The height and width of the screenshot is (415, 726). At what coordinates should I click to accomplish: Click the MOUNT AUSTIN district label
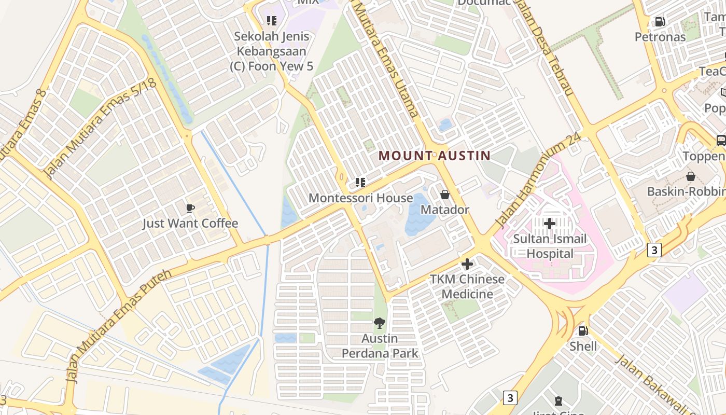click(435, 156)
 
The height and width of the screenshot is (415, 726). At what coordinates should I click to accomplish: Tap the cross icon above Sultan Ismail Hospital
click(550, 224)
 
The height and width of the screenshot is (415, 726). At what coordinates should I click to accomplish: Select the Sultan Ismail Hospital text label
click(550, 246)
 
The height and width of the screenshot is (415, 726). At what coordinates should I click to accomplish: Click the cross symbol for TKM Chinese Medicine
click(467, 264)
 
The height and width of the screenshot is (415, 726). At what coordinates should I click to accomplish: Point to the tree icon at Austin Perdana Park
click(380, 323)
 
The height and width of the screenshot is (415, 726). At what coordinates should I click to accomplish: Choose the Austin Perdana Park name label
click(380, 346)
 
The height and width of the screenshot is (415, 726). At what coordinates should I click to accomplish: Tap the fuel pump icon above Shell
click(583, 330)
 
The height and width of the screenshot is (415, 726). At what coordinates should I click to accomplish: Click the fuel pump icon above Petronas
click(660, 21)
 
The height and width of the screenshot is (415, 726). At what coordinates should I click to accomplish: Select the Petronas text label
click(660, 37)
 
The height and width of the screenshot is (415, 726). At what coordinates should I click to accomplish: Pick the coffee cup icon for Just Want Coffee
click(190, 208)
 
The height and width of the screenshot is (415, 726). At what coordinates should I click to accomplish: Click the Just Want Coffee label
click(190, 224)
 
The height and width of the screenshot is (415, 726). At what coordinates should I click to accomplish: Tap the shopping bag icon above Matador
click(444, 195)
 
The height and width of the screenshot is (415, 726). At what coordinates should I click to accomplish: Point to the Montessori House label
click(360, 198)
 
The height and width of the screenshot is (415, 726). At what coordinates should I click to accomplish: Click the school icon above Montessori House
click(360, 182)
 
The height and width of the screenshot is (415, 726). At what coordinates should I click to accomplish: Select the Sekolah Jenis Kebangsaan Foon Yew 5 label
click(272, 51)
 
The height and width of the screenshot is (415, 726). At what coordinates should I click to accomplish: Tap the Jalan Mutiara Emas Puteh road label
click(119, 326)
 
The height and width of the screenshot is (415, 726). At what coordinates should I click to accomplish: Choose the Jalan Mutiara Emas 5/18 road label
click(101, 128)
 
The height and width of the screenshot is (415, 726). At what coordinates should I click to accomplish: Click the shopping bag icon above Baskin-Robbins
click(690, 176)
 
